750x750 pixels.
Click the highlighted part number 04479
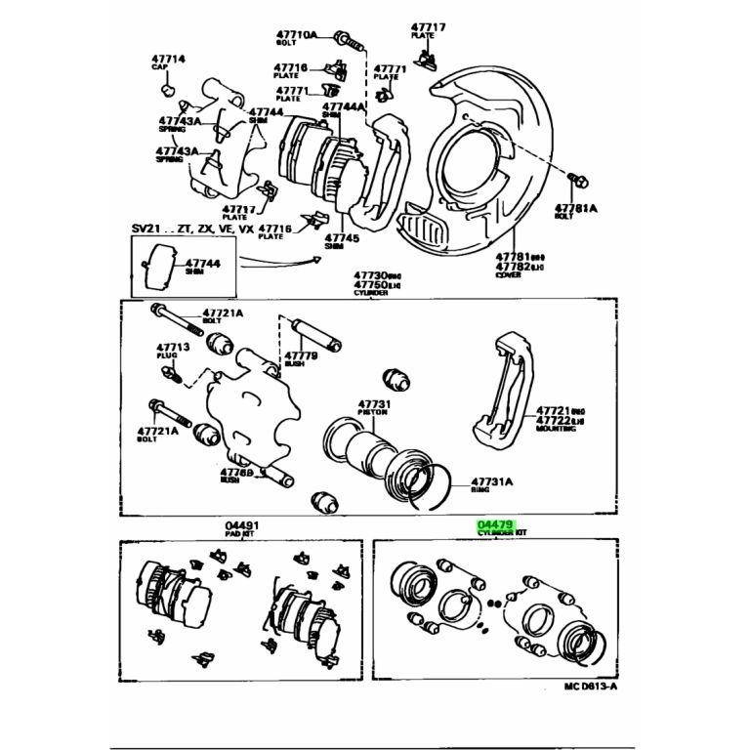click(x=495, y=525)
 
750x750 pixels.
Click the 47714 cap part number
click(x=168, y=60)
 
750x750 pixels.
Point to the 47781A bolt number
click(x=576, y=208)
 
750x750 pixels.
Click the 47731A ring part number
click(x=492, y=481)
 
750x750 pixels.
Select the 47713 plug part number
click(x=172, y=347)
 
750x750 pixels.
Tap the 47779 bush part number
click(x=302, y=355)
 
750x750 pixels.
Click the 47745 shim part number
click(x=342, y=237)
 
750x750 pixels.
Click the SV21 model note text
click(x=189, y=228)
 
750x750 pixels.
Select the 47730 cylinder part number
click(x=371, y=276)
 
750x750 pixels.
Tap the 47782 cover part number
click(x=513, y=266)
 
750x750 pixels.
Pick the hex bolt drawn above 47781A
click(x=576, y=181)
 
